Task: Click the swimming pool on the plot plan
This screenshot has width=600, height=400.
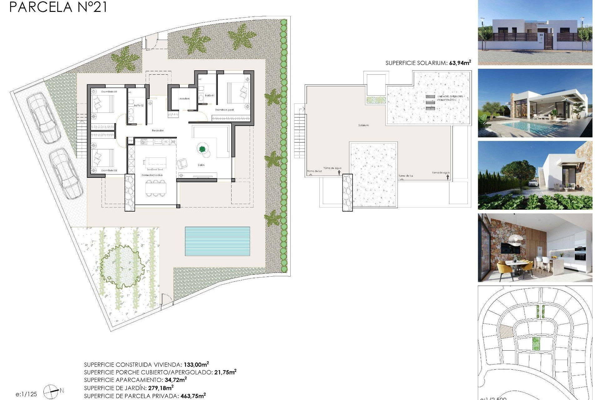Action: [217, 241]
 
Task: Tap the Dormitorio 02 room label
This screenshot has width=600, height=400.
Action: [109, 92]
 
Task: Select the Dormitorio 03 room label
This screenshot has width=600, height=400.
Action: [109, 170]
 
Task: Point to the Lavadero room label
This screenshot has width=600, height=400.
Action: [184, 98]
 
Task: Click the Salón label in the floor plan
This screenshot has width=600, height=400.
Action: [201, 165]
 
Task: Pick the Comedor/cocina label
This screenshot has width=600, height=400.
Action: [152, 175]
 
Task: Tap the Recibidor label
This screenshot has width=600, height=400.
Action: [157, 130]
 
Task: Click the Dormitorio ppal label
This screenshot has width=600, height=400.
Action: [224, 110]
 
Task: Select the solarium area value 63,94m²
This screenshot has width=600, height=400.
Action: [460, 63]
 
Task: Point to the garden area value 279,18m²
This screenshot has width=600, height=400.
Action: [161, 388]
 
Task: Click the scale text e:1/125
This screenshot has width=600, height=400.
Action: [26, 394]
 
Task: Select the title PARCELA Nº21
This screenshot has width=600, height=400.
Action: [58, 7]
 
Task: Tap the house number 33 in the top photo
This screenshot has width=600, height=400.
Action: [541, 35]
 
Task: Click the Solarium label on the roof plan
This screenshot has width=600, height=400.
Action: [363, 125]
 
